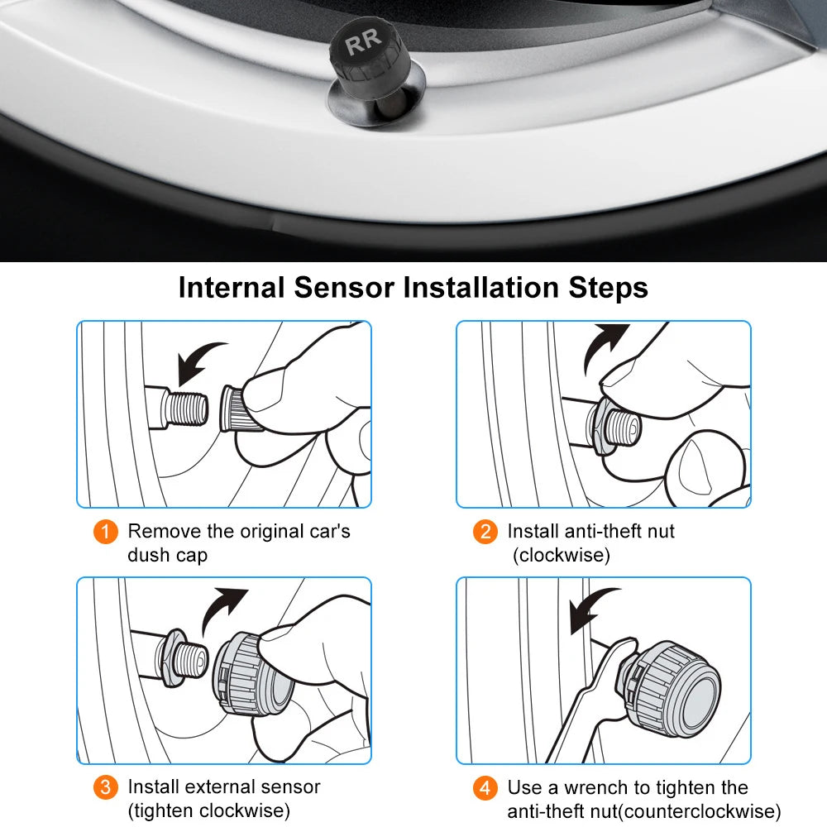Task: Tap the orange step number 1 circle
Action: [x=105, y=531]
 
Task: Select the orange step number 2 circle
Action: [x=485, y=531]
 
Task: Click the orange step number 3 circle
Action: [x=105, y=787]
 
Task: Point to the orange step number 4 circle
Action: [x=485, y=787]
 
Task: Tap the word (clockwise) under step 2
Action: [x=561, y=555]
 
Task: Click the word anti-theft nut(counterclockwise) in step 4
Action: [x=643, y=811]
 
